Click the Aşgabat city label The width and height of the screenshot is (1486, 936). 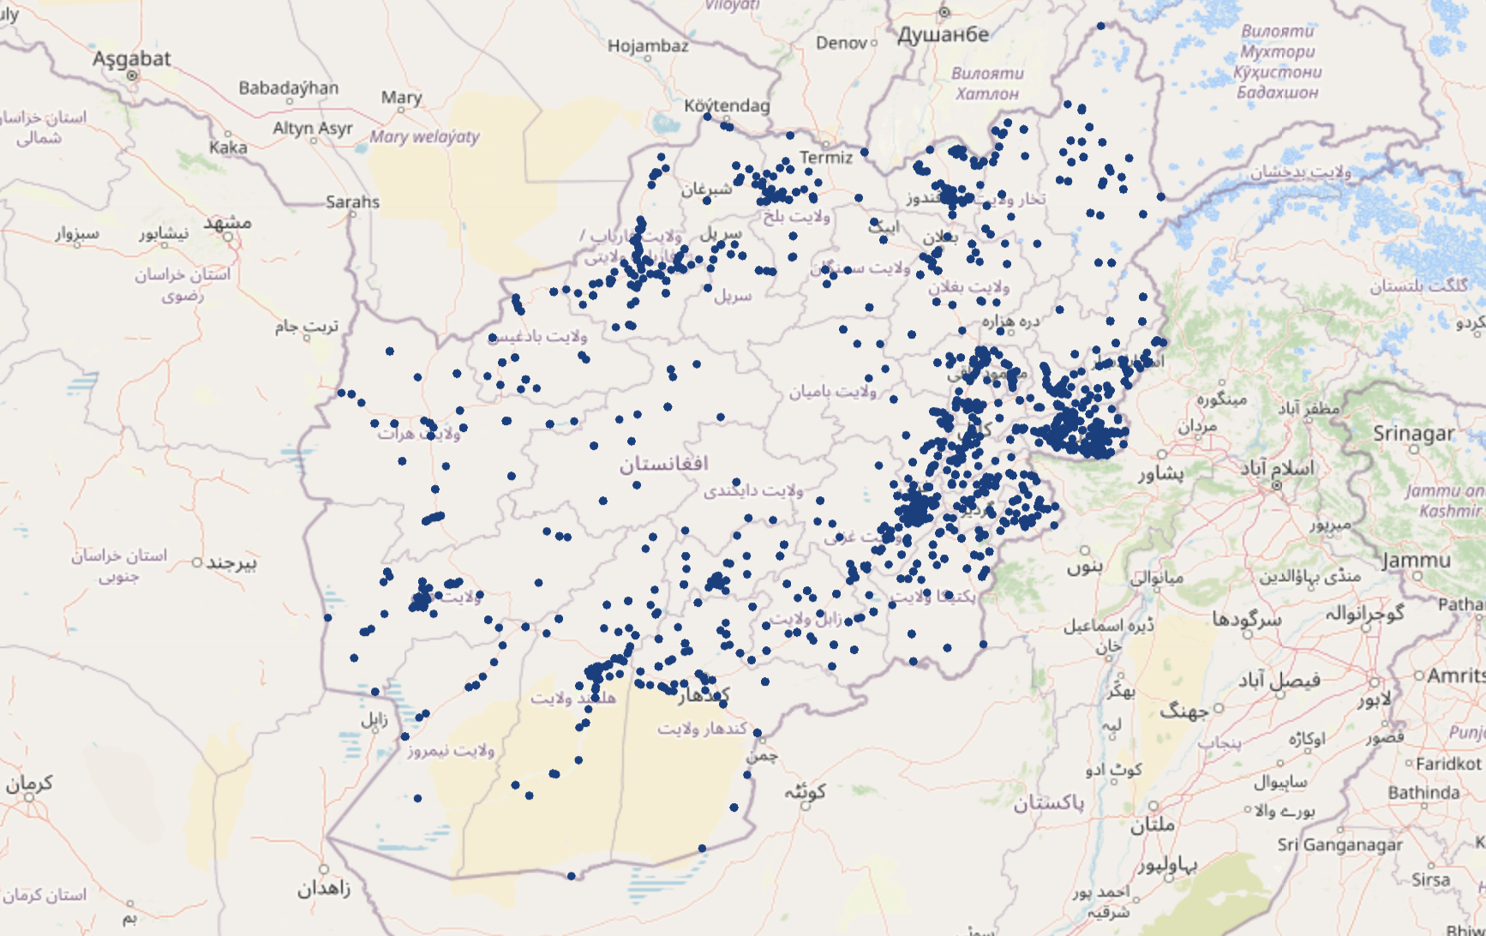pos(131,58)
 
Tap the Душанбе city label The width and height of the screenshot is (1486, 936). pos(943,34)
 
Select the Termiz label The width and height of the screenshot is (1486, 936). pos(825,157)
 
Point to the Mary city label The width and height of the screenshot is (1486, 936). pos(401,97)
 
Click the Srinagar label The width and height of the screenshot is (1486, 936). pos(1413,433)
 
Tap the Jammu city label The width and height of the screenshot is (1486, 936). pos(1416,560)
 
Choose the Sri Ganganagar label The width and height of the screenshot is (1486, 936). pos(1339,844)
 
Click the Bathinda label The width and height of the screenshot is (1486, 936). pos(1423,792)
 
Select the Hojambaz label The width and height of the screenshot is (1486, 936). pos(648,45)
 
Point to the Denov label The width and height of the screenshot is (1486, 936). pos(841,42)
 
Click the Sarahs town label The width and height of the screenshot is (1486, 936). pos(352,201)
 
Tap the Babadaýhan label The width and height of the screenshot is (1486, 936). pos(288,87)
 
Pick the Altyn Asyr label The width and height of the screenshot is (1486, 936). pos(312,128)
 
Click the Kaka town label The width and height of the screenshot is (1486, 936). pos(228,147)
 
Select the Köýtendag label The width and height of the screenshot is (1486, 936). pos(727,105)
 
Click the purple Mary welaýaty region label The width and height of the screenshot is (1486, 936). pos(424,136)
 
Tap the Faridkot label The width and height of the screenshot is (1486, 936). pos(1447,763)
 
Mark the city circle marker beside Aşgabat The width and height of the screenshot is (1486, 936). pos(132,75)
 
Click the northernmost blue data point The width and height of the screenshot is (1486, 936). pos(1100,26)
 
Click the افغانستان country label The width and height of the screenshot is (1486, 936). pos(663,464)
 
